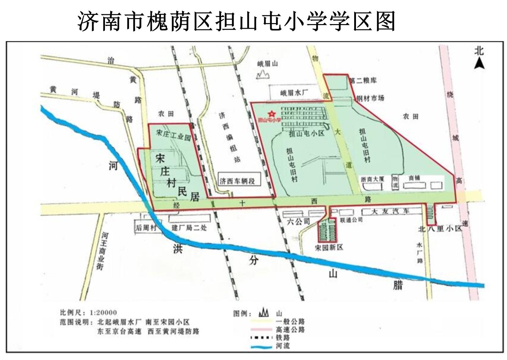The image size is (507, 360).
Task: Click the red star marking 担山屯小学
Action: [x=272, y=114]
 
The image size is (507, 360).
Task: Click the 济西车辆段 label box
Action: [x=237, y=181]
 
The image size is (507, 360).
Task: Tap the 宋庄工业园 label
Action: [x=173, y=135]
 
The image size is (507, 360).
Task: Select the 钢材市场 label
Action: [x=370, y=98]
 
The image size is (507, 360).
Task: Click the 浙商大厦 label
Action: [x=372, y=179]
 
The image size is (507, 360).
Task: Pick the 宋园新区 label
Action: [x=329, y=247]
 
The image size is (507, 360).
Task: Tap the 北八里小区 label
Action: [x=440, y=229]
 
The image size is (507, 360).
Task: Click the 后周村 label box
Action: [x=146, y=228]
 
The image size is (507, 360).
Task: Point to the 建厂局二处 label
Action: [x=189, y=228]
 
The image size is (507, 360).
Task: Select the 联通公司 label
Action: [x=351, y=220]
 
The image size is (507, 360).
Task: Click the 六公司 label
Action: [x=298, y=222]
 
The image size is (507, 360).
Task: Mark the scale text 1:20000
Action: [x=103, y=313]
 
